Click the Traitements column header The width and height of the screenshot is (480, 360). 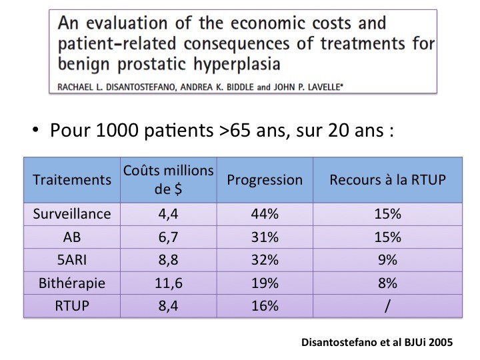pyautogui.click(x=72, y=180)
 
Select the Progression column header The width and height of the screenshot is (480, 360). pyautogui.click(x=265, y=180)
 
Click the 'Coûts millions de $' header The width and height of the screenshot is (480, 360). pyautogui.click(x=169, y=180)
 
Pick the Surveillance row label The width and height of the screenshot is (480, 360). pyautogui.click(x=72, y=215)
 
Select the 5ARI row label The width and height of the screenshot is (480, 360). pyautogui.click(x=72, y=260)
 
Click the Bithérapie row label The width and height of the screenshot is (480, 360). pyautogui.click(x=72, y=283)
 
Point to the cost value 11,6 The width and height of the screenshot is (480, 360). pyautogui.click(x=169, y=283)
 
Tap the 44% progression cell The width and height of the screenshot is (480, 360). pyautogui.click(x=265, y=215)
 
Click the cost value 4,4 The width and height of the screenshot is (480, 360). pyautogui.click(x=169, y=215)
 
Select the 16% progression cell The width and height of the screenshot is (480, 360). pyautogui.click(x=265, y=305)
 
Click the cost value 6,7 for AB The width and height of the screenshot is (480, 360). pyautogui.click(x=169, y=237)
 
